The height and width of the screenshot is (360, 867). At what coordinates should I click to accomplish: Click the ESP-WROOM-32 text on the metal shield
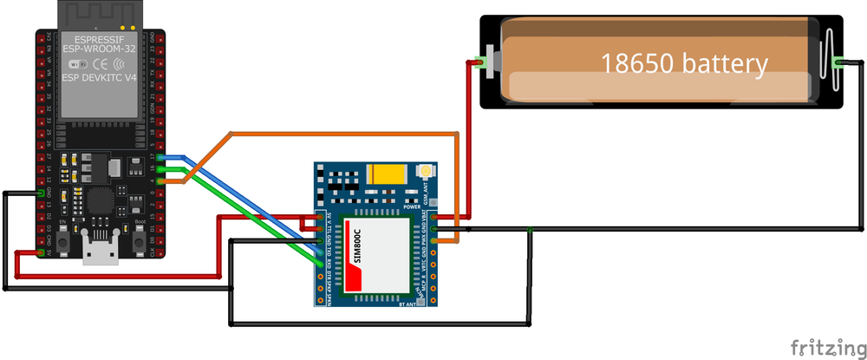pos(97,50)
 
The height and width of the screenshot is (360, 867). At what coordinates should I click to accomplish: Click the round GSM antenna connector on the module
pos(425,174)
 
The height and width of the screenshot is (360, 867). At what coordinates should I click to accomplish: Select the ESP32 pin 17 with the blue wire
pos(164,157)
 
